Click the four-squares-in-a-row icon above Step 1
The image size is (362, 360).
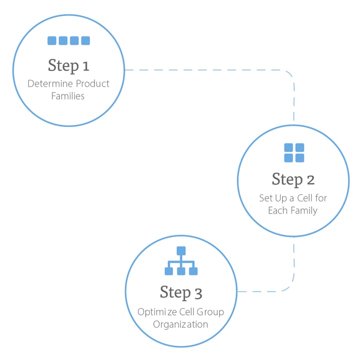tap(68, 41)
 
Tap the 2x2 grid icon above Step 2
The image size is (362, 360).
tap(294, 152)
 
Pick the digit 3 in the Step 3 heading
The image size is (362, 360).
tap(199, 292)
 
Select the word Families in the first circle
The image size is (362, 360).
tap(68, 96)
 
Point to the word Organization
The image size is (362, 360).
tap(181, 324)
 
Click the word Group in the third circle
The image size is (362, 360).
tap(210, 312)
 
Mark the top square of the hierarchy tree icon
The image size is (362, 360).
tap(181, 250)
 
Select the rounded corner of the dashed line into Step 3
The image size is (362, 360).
tap(289, 286)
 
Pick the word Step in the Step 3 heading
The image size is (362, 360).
tap(175, 292)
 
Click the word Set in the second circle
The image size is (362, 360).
tap(266, 198)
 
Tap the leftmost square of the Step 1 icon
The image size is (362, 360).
tap(51, 41)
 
